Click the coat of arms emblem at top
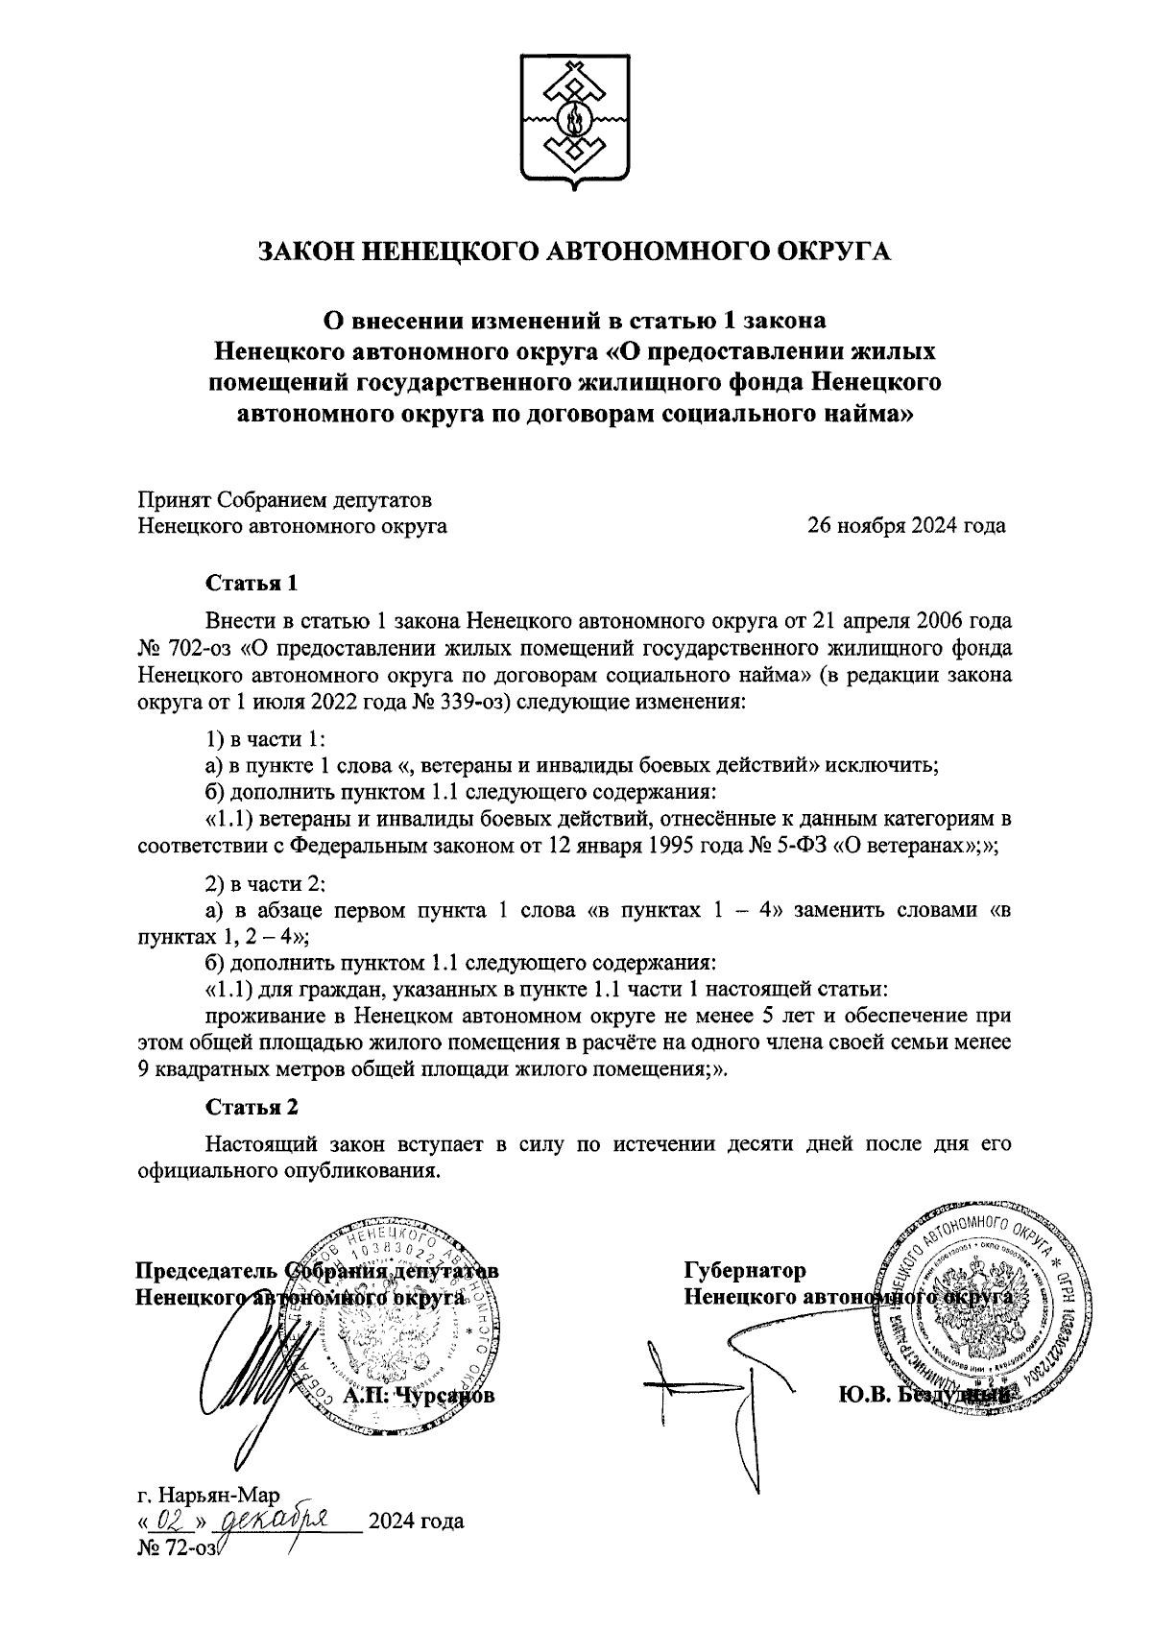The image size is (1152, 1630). click(576, 119)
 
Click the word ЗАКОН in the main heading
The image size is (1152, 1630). click(312, 252)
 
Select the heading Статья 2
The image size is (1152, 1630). click(252, 1107)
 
